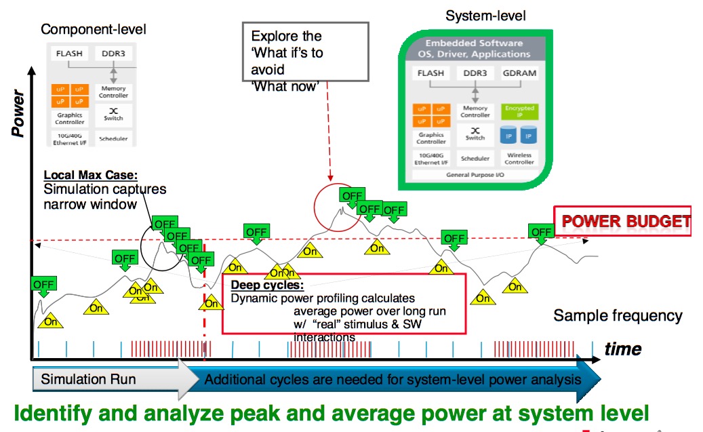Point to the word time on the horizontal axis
coord(622,349)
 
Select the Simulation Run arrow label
coord(88,379)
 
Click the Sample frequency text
coord(618,315)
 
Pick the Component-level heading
coord(94,29)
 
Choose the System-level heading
coord(485,15)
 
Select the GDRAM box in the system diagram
coord(519,73)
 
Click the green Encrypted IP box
coord(519,112)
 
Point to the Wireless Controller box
coord(519,158)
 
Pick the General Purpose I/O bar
coord(475,175)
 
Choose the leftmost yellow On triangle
coord(50,321)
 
